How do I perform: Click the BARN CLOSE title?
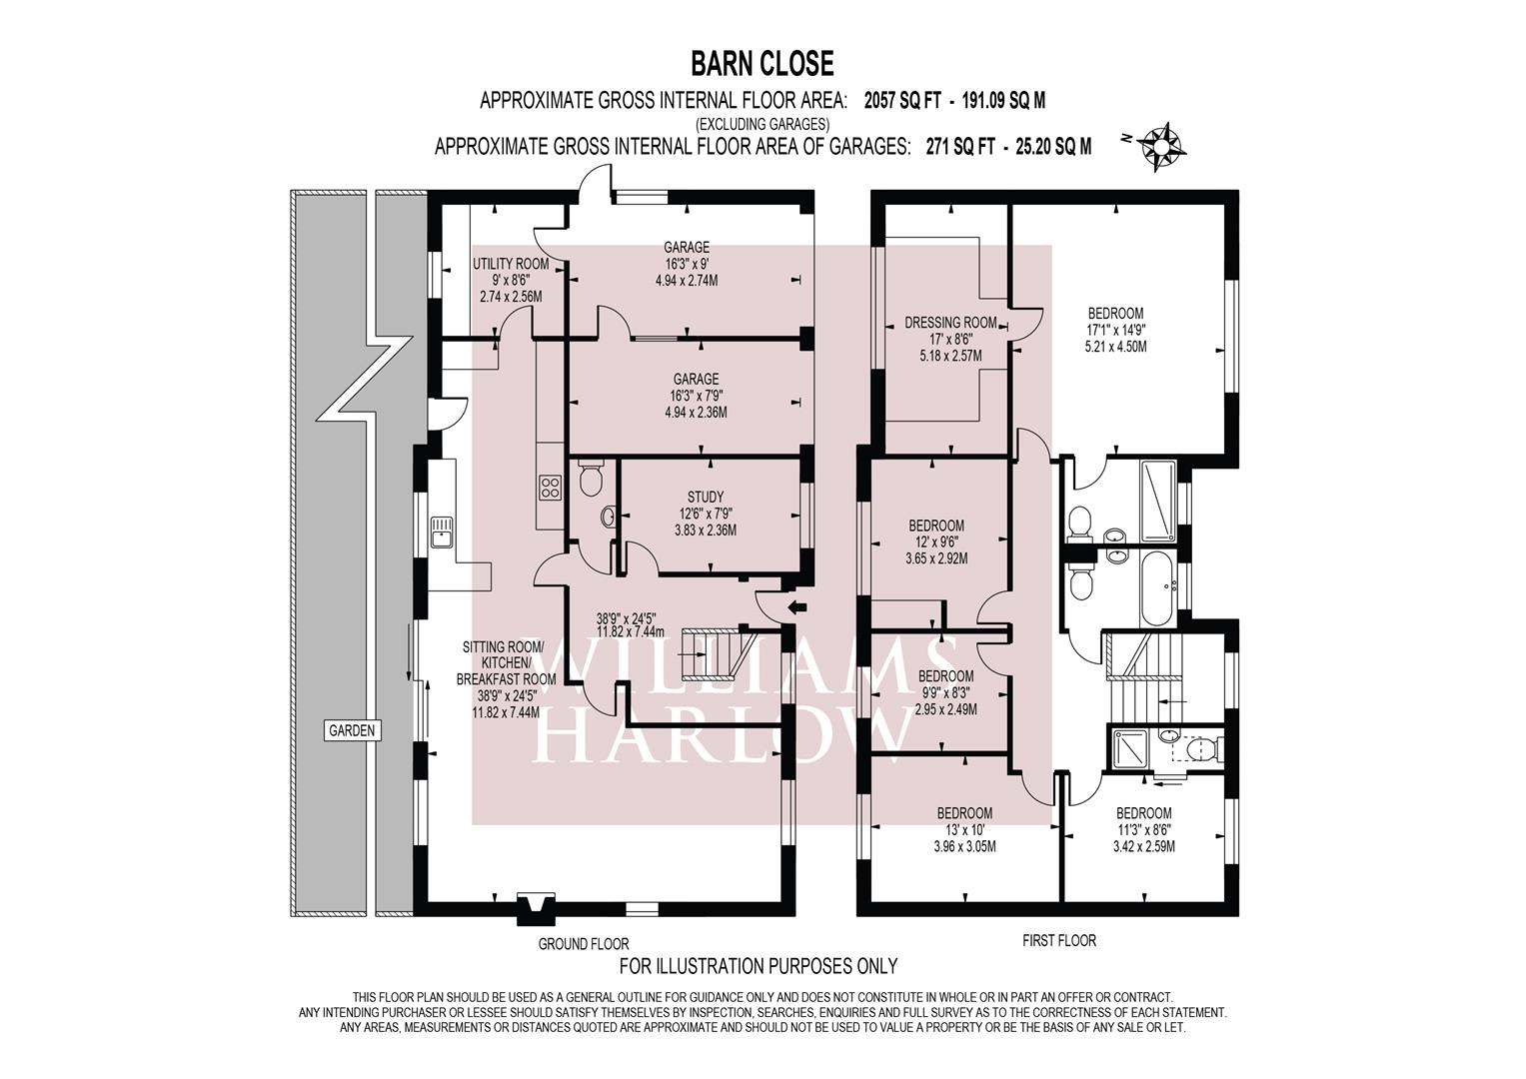pos(763,64)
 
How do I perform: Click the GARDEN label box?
pos(352,731)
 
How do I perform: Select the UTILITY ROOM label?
pos(511,264)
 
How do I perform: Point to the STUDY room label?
pos(706,498)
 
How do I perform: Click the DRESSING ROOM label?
pos(950,322)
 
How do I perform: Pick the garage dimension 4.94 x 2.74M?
pos(687,281)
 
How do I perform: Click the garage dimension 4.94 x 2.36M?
pos(696,412)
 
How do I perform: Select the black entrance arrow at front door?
pos(796,607)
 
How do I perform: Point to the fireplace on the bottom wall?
pos(536,909)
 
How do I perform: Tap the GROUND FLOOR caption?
pos(584,944)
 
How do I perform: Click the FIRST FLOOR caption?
pos(1059,941)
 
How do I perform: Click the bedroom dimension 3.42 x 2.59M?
pos(1144,847)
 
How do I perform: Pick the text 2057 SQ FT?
pos(902,102)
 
